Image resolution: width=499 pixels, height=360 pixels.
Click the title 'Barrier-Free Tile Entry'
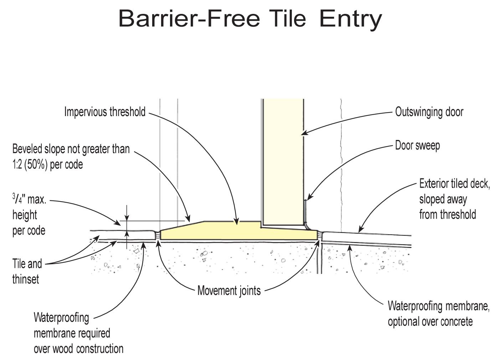(250, 18)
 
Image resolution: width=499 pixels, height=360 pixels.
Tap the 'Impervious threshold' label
(105, 112)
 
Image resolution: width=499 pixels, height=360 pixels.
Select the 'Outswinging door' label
(429, 112)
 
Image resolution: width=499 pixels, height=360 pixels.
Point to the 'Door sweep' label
(417, 145)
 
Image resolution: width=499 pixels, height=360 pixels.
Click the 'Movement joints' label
(229, 291)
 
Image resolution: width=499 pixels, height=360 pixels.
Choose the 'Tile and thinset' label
(27, 271)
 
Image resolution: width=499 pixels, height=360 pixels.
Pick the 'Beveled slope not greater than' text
(71, 148)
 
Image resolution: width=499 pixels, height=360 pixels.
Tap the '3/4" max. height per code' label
(29, 215)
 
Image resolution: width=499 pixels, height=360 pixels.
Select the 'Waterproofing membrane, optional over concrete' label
(438, 313)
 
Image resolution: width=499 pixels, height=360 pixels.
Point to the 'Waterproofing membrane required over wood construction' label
(78, 333)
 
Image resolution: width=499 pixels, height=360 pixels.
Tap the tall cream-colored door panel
(283, 160)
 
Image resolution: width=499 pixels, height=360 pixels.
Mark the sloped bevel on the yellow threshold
(182, 226)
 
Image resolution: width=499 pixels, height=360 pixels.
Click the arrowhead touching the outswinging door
(303, 134)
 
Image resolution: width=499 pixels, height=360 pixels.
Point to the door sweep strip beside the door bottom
(305, 212)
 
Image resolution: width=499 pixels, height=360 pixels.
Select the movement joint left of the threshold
(158, 236)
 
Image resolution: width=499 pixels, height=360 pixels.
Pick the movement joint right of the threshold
(320, 236)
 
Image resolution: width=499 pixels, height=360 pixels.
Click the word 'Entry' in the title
(350, 18)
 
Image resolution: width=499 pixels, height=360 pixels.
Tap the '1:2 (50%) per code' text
(47, 165)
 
